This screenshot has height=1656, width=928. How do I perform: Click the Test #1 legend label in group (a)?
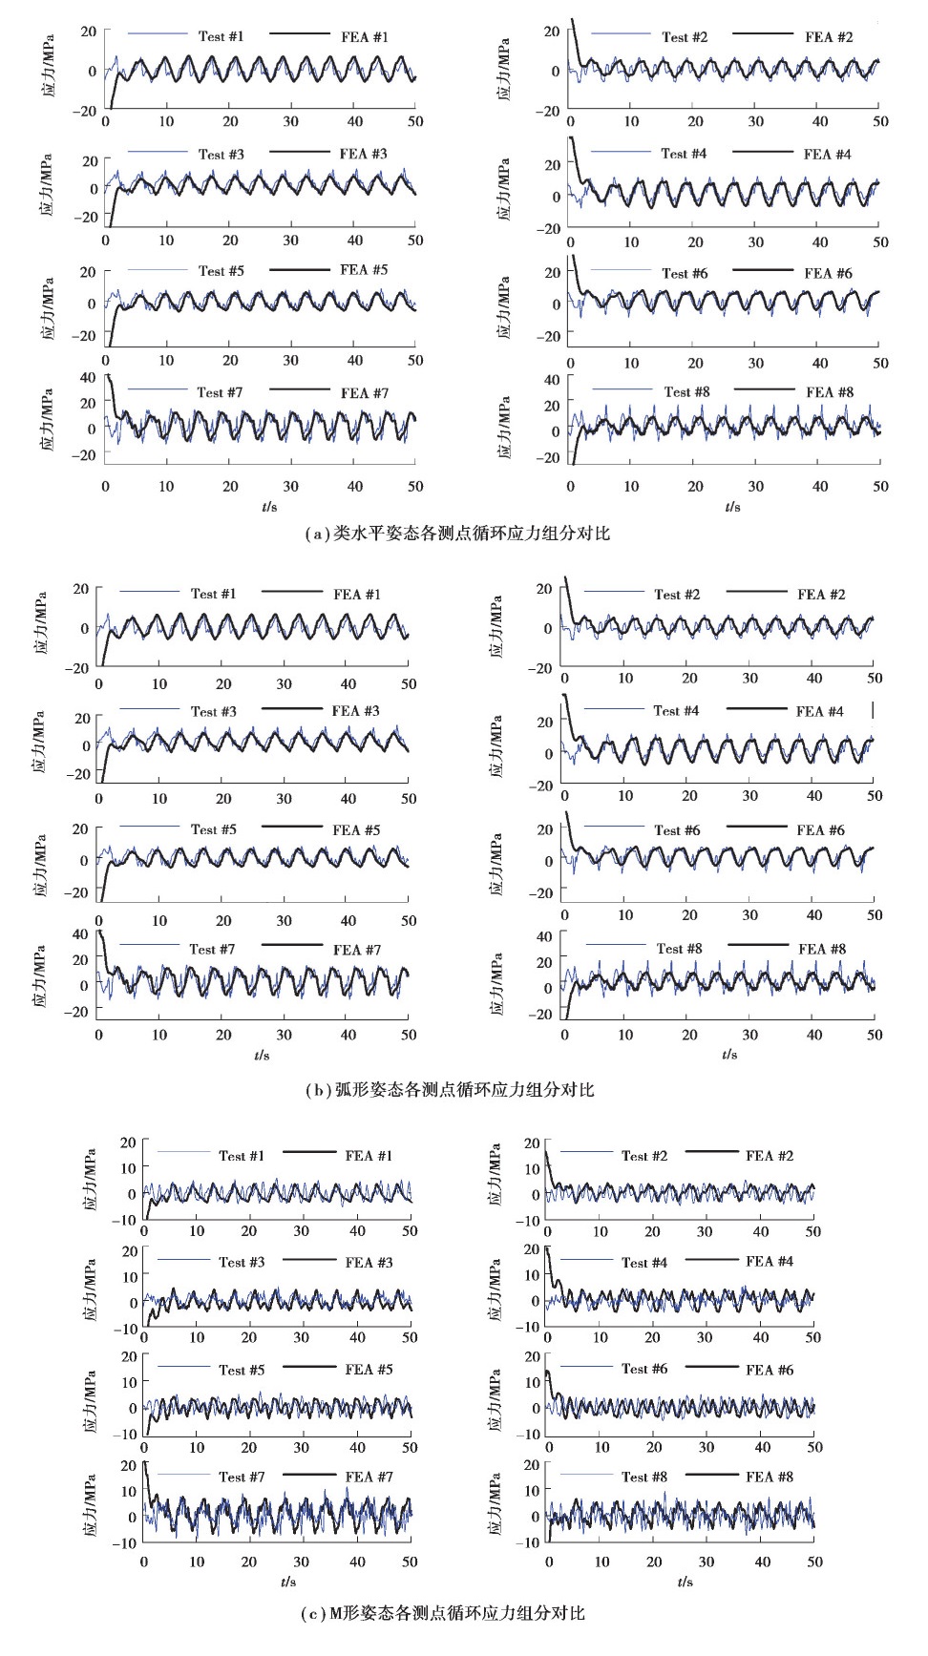(221, 36)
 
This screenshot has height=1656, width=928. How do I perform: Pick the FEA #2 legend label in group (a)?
(829, 37)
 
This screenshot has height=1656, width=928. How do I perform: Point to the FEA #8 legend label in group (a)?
(830, 392)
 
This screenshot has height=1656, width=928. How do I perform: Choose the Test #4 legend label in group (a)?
(684, 154)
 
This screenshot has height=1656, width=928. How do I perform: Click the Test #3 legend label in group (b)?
(213, 711)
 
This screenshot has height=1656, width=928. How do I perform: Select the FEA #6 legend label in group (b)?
(820, 830)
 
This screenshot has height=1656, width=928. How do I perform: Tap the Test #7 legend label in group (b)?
(212, 949)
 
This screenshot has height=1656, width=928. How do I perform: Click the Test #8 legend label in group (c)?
(644, 1477)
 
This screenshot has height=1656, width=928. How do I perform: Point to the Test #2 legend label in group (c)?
(644, 1156)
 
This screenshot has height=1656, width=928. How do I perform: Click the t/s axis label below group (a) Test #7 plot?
(269, 507)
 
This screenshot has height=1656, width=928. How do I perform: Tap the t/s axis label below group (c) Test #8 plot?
(685, 1582)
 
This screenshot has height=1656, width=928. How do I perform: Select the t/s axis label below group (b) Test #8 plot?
(729, 1055)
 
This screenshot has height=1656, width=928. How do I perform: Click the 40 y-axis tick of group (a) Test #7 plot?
(88, 378)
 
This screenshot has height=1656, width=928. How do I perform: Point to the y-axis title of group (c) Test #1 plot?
(90, 1180)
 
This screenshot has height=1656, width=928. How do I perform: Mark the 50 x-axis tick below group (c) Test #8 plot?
(815, 1562)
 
